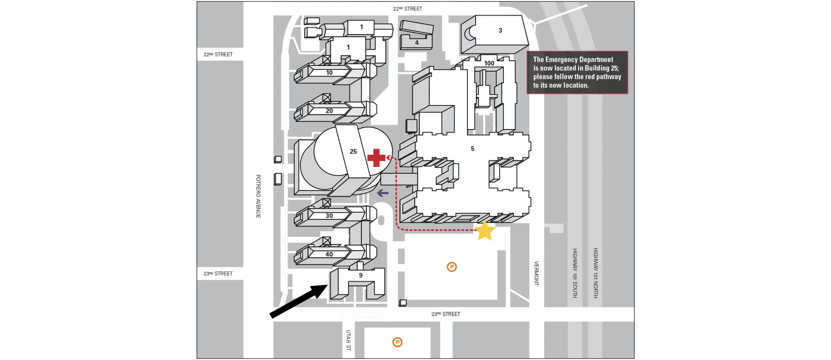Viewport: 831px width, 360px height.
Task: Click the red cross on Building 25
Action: pos(376,158)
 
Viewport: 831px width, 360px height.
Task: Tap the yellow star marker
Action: pos(485,231)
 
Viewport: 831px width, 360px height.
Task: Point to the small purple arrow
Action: pos(383,193)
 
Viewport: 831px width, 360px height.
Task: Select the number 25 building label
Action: pos(353,152)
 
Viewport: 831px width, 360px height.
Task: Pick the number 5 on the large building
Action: pos(472,149)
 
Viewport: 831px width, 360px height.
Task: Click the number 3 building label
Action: pos(500,31)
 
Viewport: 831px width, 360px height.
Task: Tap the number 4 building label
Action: pos(416,43)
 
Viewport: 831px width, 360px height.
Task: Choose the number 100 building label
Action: pos(489,63)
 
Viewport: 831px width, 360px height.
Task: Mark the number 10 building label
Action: pos(329,72)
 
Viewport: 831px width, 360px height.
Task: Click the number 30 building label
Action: pos(329,216)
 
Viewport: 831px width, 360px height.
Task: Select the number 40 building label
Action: pos(329,254)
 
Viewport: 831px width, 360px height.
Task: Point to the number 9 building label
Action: pos(361,275)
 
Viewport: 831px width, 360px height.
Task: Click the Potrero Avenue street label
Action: pos(258,196)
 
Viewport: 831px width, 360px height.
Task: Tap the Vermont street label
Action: pos(536,273)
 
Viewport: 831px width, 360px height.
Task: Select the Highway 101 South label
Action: pos(575,273)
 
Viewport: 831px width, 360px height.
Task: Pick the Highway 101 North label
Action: pos(596,273)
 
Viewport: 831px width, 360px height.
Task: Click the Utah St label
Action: pos(348,340)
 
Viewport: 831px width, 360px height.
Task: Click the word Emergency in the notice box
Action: pos(561,60)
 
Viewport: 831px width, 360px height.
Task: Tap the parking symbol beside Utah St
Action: pos(397,342)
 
